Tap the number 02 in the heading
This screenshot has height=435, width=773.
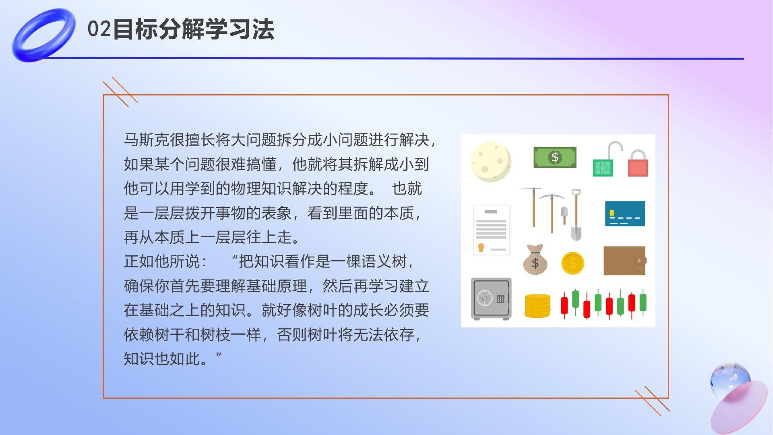pyautogui.click(x=99, y=29)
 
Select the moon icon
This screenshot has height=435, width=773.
pyautogui.click(x=491, y=161)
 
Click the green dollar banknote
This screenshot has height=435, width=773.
pyautogui.click(x=555, y=157)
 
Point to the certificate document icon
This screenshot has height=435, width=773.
pyautogui.click(x=491, y=230)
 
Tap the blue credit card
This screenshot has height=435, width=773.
pyautogui.click(x=625, y=213)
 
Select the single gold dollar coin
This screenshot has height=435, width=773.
pyautogui.click(x=572, y=263)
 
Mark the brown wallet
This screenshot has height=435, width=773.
pyautogui.click(x=625, y=261)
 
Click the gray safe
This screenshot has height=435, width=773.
pyautogui.click(x=491, y=299)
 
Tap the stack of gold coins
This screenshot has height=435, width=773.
pyautogui.click(x=537, y=306)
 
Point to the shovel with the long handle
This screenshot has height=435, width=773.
pyautogui.click(x=576, y=215)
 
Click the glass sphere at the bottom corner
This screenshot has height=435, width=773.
pyautogui.click(x=730, y=379)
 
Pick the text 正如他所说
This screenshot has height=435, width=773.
pyautogui.click(x=162, y=261)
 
